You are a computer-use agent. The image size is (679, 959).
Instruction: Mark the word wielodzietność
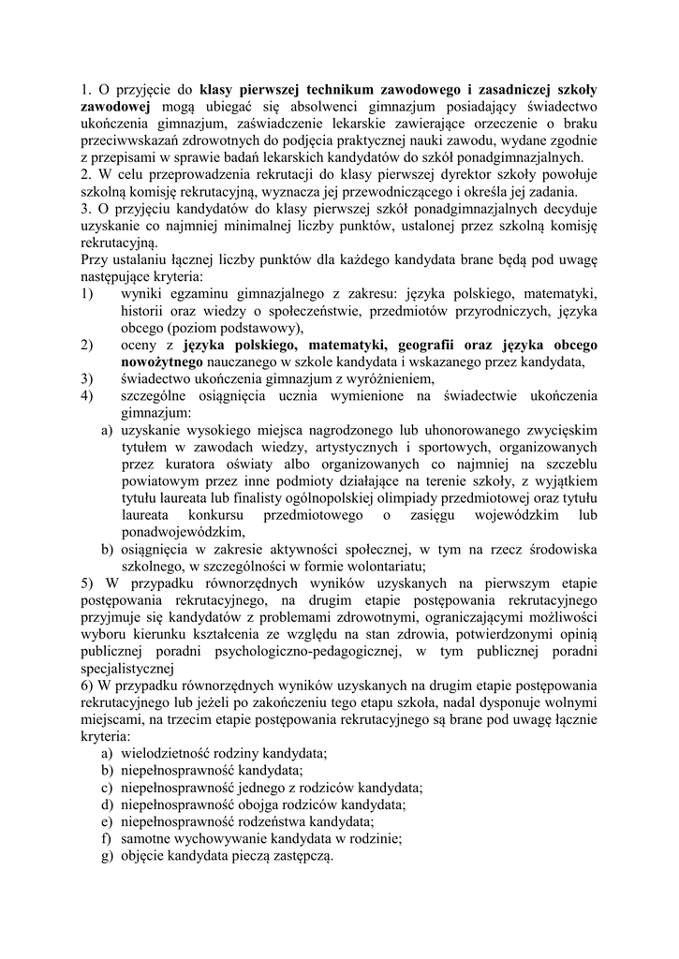click(165, 752)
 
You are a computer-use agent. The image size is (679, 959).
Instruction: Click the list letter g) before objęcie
click(107, 854)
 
